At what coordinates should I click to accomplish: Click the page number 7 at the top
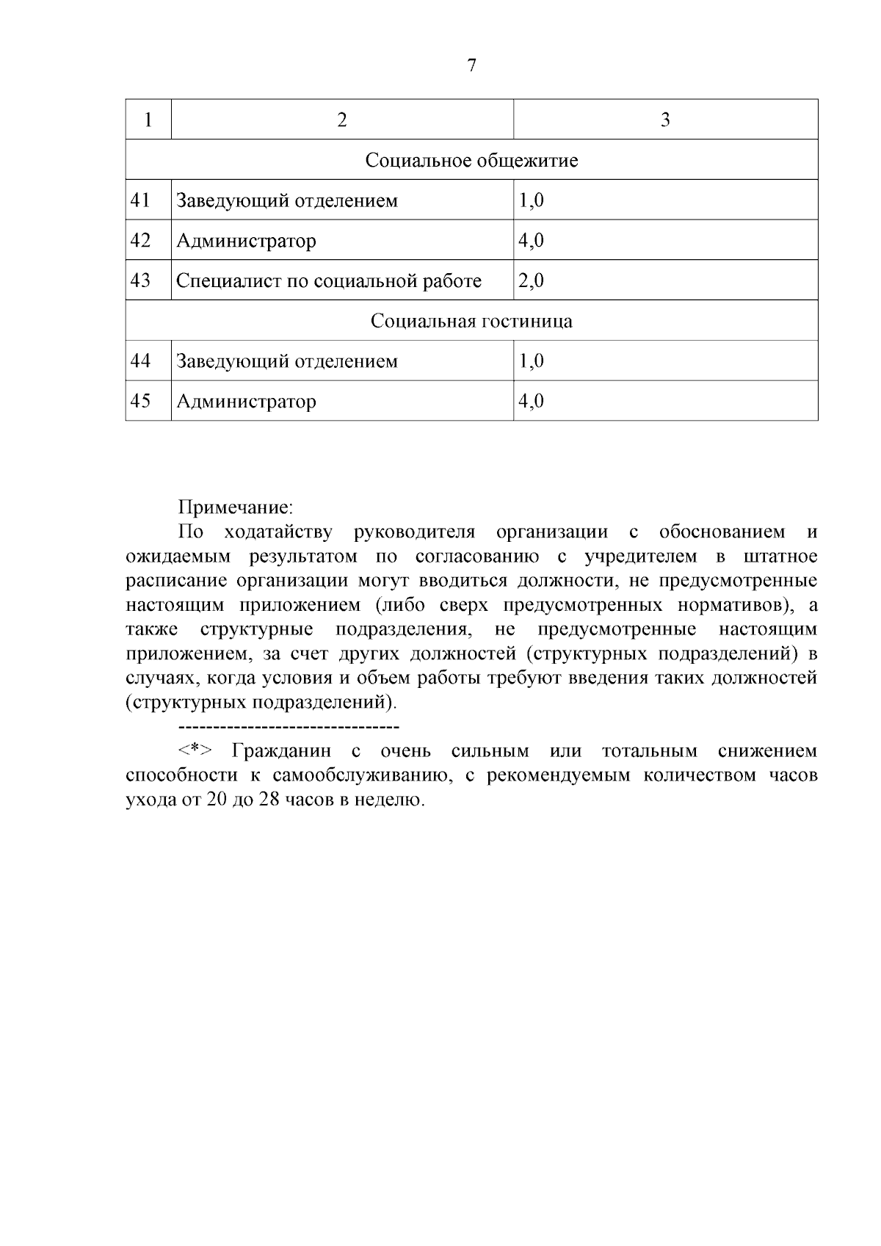click(471, 66)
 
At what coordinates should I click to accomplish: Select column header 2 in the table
click(341, 120)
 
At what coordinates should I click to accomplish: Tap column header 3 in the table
click(665, 120)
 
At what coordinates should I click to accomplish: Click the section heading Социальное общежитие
click(471, 160)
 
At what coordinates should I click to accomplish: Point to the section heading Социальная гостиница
click(471, 321)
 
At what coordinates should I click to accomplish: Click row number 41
click(140, 200)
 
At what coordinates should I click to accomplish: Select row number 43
click(140, 280)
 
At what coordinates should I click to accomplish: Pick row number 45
click(140, 401)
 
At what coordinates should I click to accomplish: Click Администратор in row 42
click(246, 241)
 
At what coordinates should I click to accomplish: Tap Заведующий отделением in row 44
click(286, 361)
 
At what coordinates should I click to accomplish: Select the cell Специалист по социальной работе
click(328, 281)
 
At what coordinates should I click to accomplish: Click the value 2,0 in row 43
click(531, 280)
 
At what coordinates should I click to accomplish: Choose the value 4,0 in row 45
click(531, 401)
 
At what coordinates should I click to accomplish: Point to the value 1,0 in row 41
click(531, 200)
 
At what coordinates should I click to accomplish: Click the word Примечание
click(236, 507)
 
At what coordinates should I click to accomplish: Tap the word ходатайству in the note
click(278, 532)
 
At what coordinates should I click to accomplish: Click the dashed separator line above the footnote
click(288, 727)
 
